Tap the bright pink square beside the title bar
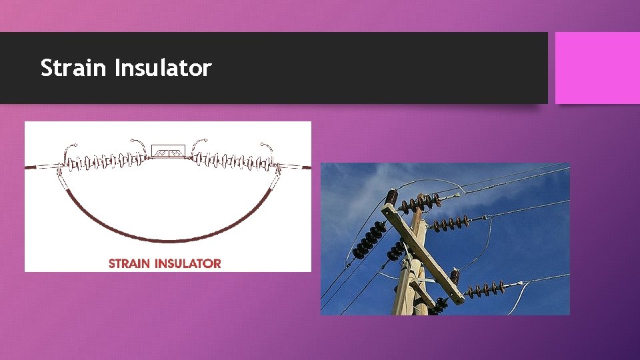(597, 68)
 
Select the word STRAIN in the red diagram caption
(130, 263)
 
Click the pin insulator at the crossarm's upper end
(391, 198)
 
